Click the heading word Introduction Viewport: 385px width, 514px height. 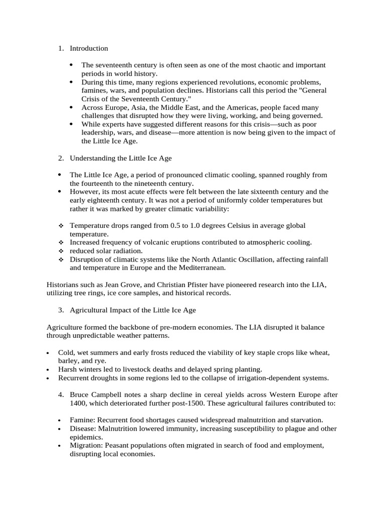(x=89, y=49)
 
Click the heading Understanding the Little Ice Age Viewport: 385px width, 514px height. (x=120, y=158)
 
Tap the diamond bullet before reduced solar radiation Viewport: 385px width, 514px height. (x=61, y=251)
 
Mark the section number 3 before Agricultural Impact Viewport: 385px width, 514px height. (x=61, y=310)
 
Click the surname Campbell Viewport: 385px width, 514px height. (x=108, y=395)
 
